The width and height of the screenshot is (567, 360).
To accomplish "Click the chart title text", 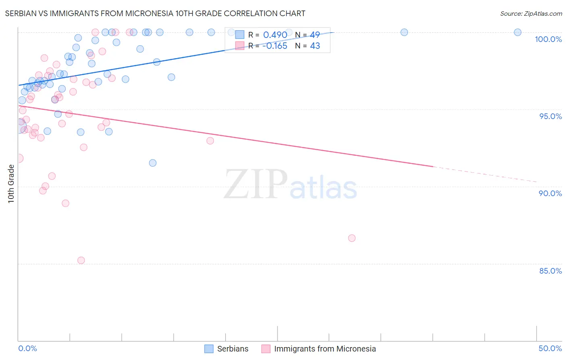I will click(x=155, y=13).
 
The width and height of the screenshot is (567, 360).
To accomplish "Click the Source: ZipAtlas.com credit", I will click(x=531, y=13).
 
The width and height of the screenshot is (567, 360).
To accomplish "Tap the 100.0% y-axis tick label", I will click(x=548, y=39).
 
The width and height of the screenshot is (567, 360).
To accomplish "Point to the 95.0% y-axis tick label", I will click(x=550, y=116).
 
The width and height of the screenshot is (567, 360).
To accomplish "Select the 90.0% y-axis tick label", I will click(x=550, y=193).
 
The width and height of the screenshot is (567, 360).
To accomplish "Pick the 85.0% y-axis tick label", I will click(x=550, y=271).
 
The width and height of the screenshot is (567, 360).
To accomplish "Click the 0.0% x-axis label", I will click(x=27, y=348).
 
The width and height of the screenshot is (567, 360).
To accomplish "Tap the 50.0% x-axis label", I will click(x=550, y=348).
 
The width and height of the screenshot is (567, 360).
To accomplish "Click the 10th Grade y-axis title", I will click(x=11, y=184).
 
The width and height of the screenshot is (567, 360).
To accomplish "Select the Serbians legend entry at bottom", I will click(x=227, y=349).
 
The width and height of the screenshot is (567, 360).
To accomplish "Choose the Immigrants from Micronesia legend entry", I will click(x=319, y=349).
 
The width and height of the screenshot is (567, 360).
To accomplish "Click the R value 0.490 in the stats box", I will click(x=275, y=35).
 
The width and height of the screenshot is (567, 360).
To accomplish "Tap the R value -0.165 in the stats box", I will click(x=275, y=46).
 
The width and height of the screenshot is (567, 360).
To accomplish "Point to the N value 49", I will click(x=315, y=35).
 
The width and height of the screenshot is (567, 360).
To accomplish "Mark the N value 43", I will click(x=315, y=46).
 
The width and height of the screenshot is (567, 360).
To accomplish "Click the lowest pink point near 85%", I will click(x=81, y=260).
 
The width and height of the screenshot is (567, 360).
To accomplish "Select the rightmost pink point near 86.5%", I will click(x=352, y=238).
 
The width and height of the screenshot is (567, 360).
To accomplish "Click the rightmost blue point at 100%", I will click(x=517, y=32).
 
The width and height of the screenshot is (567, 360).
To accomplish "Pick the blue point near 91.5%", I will click(x=152, y=163).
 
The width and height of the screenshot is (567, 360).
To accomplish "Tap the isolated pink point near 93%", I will click(x=210, y=141).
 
